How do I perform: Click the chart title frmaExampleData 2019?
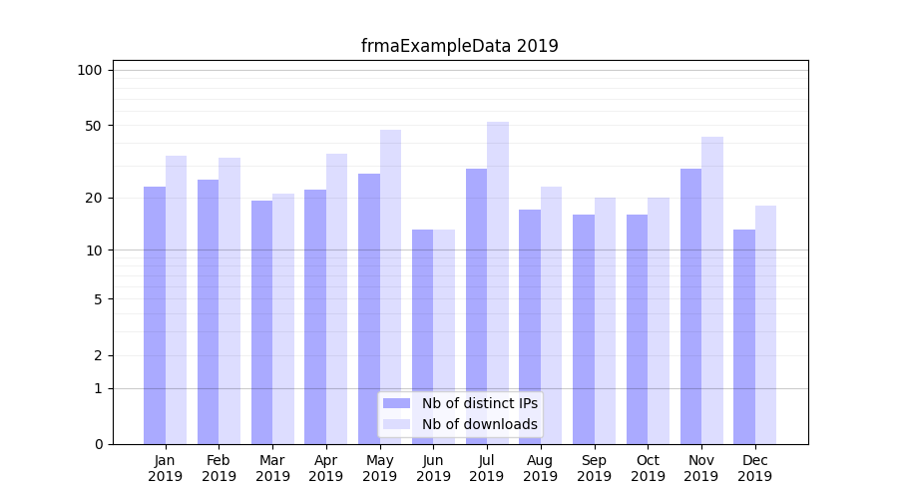coord(460,46)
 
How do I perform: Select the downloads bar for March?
coord(283,318)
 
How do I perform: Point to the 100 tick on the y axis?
coord(90,70)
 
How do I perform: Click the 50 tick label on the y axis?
coord(93,126)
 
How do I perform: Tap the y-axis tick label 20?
coord(93,198)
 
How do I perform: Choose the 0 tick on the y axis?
coord(98,444)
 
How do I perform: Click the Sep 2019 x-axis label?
coord(594,468)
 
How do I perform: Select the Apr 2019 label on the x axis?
coord(326,468)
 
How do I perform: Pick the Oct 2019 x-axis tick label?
coord(648,468)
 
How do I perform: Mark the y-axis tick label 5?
coord(98,298)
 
